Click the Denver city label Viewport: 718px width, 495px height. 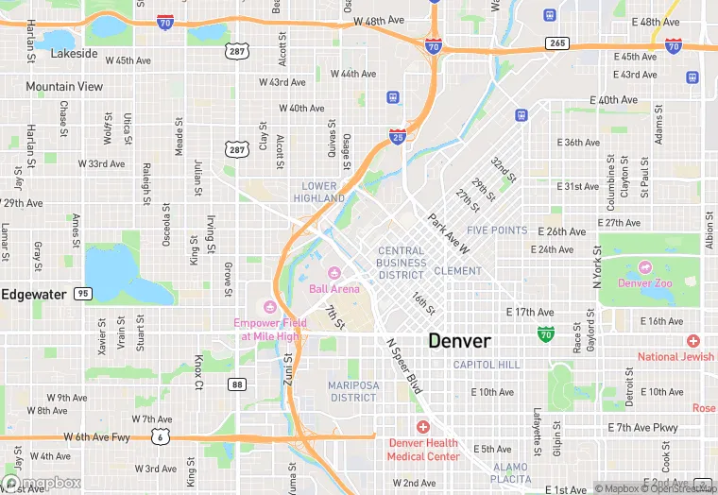point(459,341)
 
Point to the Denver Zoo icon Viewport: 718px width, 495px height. point(645,268)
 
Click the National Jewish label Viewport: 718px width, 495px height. point(675,356)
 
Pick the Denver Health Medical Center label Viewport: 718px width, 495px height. point(422,450)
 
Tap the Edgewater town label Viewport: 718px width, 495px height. point(33,294)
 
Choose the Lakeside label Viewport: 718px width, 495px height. point(74,54)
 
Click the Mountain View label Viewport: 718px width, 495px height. point(64,87)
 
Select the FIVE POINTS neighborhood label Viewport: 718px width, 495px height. point(497,230)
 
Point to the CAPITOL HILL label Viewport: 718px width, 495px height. point(487,365)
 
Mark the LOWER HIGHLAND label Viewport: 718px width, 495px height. point(319,193)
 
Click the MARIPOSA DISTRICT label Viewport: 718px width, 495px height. point(352,391)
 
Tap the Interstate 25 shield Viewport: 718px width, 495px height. point(398,137)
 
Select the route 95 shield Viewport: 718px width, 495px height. point(84,294)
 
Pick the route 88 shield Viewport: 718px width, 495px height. point(237,384)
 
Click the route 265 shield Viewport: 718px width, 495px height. point(557,43)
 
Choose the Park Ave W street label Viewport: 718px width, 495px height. point(448,235)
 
